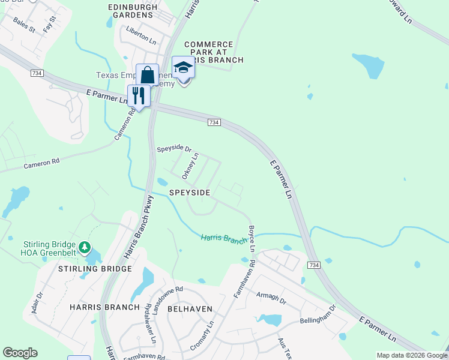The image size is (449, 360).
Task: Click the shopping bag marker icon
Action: click(147, 76)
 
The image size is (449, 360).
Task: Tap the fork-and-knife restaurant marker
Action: click(139, 95)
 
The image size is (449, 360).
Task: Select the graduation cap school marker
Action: click(184, 68)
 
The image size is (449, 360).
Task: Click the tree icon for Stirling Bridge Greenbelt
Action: click(85, 247)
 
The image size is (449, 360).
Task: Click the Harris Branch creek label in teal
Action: click(224, 239)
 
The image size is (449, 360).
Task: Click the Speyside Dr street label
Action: click(174, 149)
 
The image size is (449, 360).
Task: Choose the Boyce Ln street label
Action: click(252, 238)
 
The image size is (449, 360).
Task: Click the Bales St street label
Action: click(25, 24)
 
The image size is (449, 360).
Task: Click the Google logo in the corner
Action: click(20, 353)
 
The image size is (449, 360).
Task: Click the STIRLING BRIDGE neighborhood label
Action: click(95, 269)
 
